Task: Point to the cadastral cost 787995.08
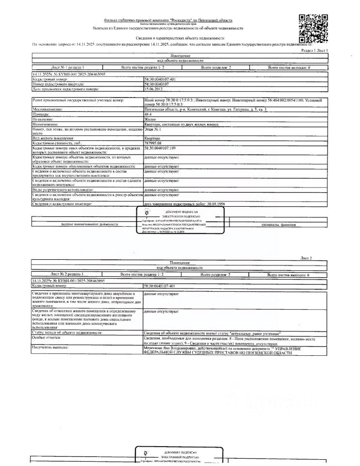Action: (153, 144)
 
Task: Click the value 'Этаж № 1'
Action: (152, 131)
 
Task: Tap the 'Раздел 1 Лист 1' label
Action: (314, 50)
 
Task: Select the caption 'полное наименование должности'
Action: (89, 224)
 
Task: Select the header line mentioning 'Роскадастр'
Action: (168, 20)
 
